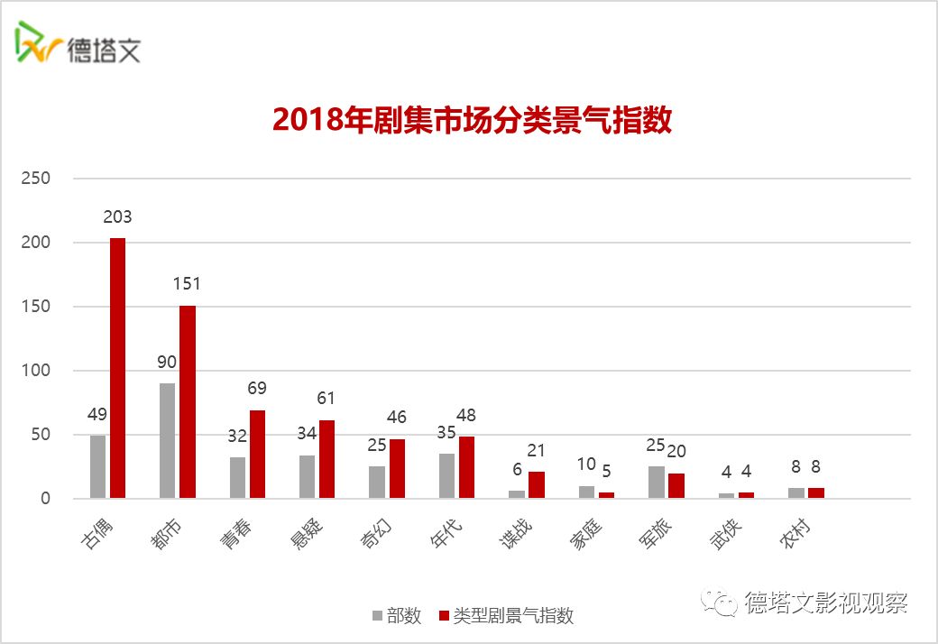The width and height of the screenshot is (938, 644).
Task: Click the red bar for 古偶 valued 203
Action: click(117, 368)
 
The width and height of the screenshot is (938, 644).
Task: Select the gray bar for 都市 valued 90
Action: click(167, 440)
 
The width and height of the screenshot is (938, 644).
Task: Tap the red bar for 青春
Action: click(257, 455)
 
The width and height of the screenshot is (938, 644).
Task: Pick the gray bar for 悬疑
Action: click(307, 476)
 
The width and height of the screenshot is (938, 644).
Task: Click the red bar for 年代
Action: click(466, 467)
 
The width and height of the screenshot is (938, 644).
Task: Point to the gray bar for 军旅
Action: click(656, 482)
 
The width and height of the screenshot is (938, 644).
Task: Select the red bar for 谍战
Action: click(537, 484)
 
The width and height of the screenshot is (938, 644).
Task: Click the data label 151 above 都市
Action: click(187, 283)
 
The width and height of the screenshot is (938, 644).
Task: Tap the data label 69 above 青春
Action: click(257, 389)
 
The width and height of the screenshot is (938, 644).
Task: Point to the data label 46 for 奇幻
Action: click(397, 418)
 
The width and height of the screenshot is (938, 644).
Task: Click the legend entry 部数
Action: click(396, 616)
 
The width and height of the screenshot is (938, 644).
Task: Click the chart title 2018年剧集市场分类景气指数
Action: click(472, 121)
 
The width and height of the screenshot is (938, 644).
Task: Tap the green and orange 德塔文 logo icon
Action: click(36, 42)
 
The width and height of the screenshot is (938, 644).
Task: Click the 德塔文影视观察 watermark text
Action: click(825, 603)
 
